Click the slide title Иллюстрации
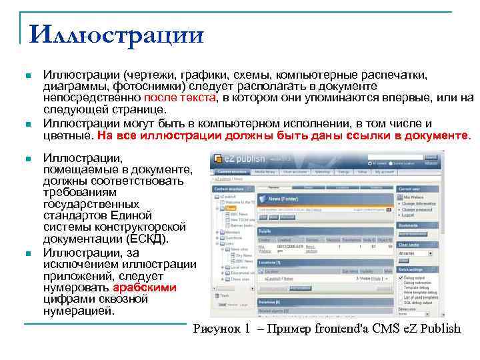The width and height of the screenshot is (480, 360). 117,33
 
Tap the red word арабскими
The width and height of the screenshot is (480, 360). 145,288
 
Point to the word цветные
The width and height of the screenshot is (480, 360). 67,135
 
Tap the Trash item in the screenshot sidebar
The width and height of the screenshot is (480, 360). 225,295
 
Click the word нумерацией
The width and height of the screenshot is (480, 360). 79,311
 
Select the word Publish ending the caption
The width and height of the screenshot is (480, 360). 438,328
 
